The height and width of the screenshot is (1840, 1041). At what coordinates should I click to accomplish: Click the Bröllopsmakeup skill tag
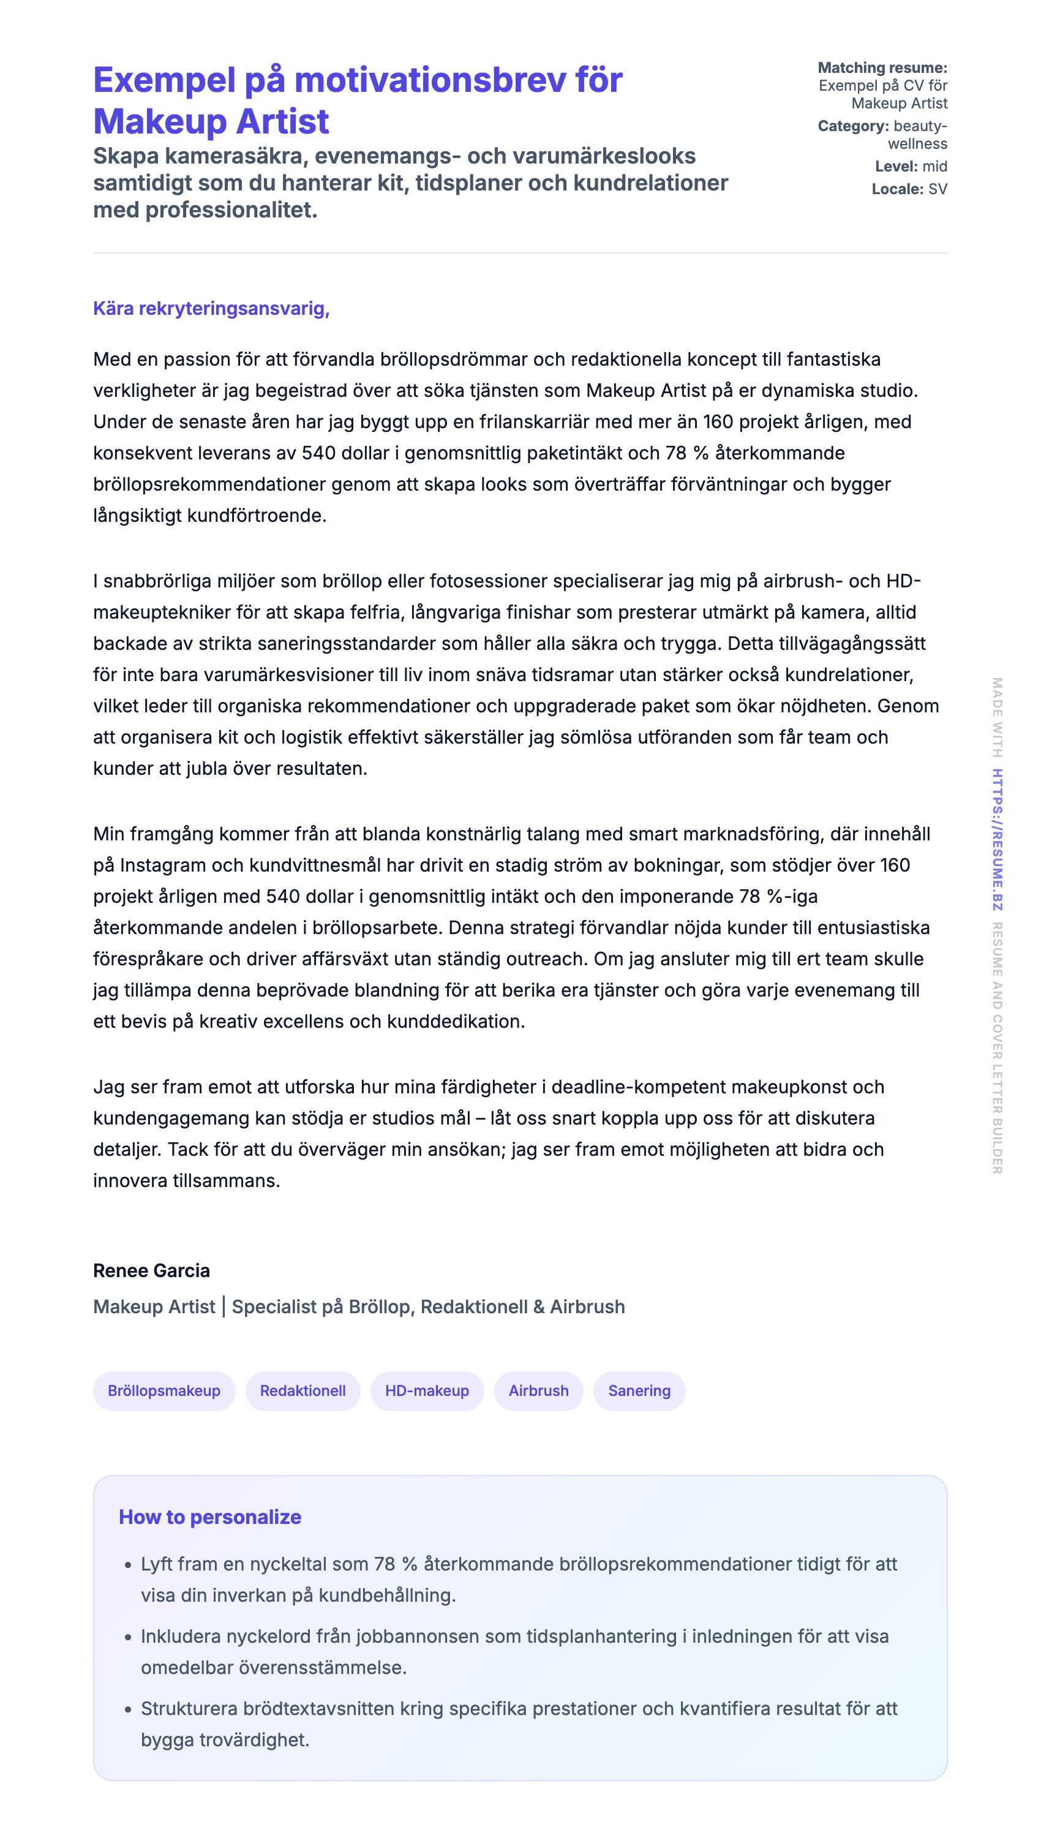pos(163,1390)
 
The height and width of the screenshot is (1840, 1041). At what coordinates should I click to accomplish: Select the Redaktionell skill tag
pos(303,1390)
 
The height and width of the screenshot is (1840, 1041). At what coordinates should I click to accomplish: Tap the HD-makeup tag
pos(427,1390)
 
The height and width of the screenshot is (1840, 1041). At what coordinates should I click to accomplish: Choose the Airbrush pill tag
pos(538,1390)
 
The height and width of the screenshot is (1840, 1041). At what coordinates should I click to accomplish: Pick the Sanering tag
pos(639,1390)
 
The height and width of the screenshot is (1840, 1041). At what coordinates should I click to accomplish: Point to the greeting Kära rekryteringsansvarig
pos(211,308)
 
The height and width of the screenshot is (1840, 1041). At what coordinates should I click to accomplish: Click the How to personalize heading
pos(209,1517)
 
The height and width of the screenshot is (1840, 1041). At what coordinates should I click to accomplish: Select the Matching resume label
pos(882,68)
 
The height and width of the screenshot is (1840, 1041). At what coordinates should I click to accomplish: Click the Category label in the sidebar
pos(853,126)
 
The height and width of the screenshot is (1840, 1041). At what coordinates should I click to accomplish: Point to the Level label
pos(896,166)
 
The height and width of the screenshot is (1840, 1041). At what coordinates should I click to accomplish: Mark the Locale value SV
pos(938,189)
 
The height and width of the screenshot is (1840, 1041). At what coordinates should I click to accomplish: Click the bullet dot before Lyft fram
pos(128,1566)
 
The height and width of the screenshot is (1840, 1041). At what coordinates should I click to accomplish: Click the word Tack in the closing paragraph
pos(187,1149)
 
